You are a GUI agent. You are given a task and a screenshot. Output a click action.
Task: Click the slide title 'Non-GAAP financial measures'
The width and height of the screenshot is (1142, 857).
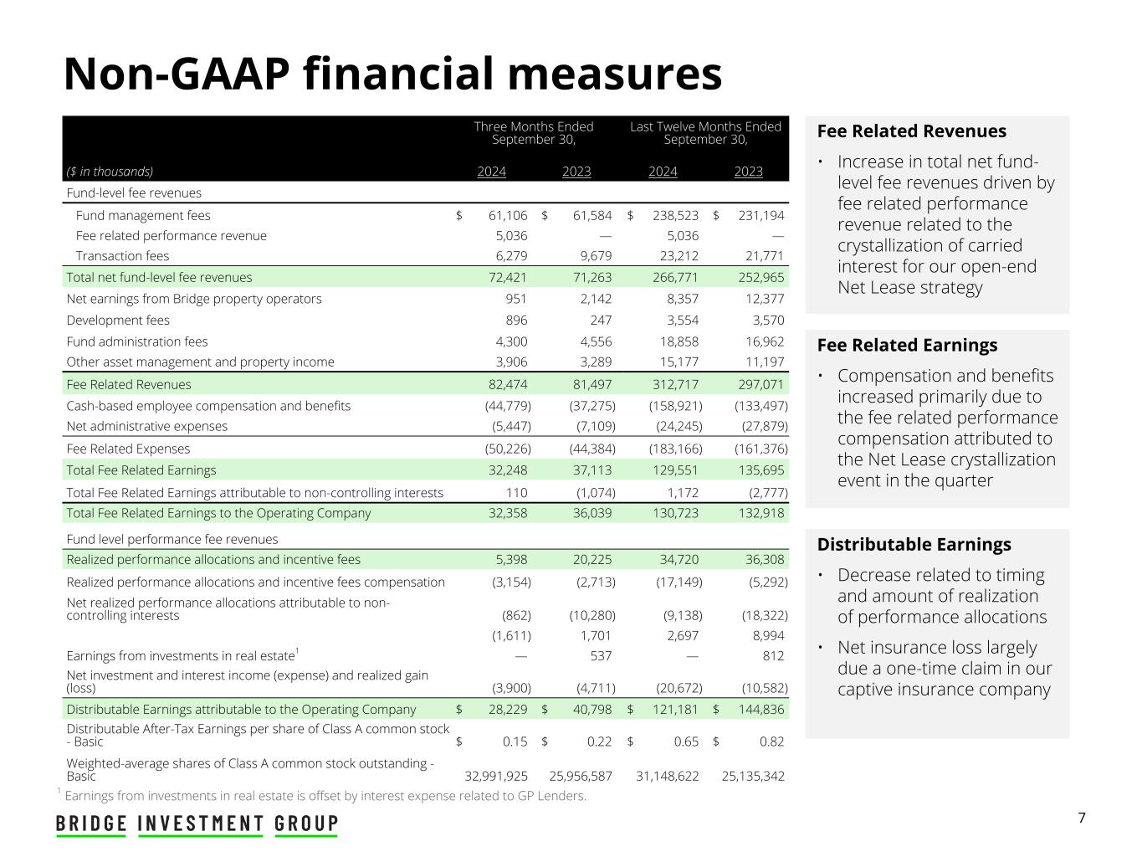[392, 74]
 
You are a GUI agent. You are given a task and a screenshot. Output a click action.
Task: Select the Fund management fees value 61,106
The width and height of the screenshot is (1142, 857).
[507, 215]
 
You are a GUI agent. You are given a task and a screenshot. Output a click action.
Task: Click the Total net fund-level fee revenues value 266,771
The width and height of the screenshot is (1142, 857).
[676, 277]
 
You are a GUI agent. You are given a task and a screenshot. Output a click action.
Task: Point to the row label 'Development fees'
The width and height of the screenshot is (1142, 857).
[118, 321]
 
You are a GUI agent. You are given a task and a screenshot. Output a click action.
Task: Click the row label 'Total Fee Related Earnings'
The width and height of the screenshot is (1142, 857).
[141, 470]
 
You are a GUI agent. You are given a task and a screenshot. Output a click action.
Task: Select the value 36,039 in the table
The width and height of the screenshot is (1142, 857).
[592, 513]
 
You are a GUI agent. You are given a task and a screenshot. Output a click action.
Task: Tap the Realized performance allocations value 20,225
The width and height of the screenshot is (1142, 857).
[592, 559]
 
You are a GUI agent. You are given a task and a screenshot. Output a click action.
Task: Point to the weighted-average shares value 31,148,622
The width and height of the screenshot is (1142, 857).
[667, 776]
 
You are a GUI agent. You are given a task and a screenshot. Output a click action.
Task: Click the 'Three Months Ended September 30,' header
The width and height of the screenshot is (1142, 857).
[534, 133]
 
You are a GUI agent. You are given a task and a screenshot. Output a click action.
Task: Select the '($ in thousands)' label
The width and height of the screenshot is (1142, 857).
[110, 172]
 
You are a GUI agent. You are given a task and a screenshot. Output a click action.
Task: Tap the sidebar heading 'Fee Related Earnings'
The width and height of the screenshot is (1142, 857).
[907, 345]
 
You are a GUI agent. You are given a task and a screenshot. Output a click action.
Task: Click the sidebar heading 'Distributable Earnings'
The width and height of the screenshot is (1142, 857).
[914, 544]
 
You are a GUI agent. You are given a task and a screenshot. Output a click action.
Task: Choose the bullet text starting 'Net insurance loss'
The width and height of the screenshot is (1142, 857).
[945, 668]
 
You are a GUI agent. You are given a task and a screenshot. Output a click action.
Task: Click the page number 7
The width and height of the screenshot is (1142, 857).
[1082, 818]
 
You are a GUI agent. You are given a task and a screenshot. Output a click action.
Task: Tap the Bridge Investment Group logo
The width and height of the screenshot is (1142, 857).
[197, 824]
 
